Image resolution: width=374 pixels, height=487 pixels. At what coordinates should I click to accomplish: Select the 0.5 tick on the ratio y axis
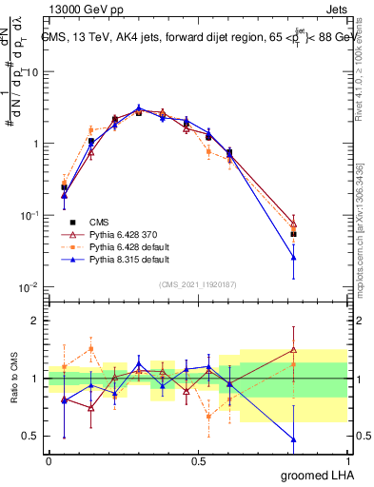(x=30, y=437)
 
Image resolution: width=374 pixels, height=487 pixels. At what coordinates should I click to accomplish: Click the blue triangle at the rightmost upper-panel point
(x=294, y=257)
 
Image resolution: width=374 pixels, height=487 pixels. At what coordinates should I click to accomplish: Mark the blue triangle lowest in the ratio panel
(x=294, y=439)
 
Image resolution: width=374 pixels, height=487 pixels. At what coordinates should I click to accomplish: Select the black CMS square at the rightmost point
(x=294, y=233)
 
